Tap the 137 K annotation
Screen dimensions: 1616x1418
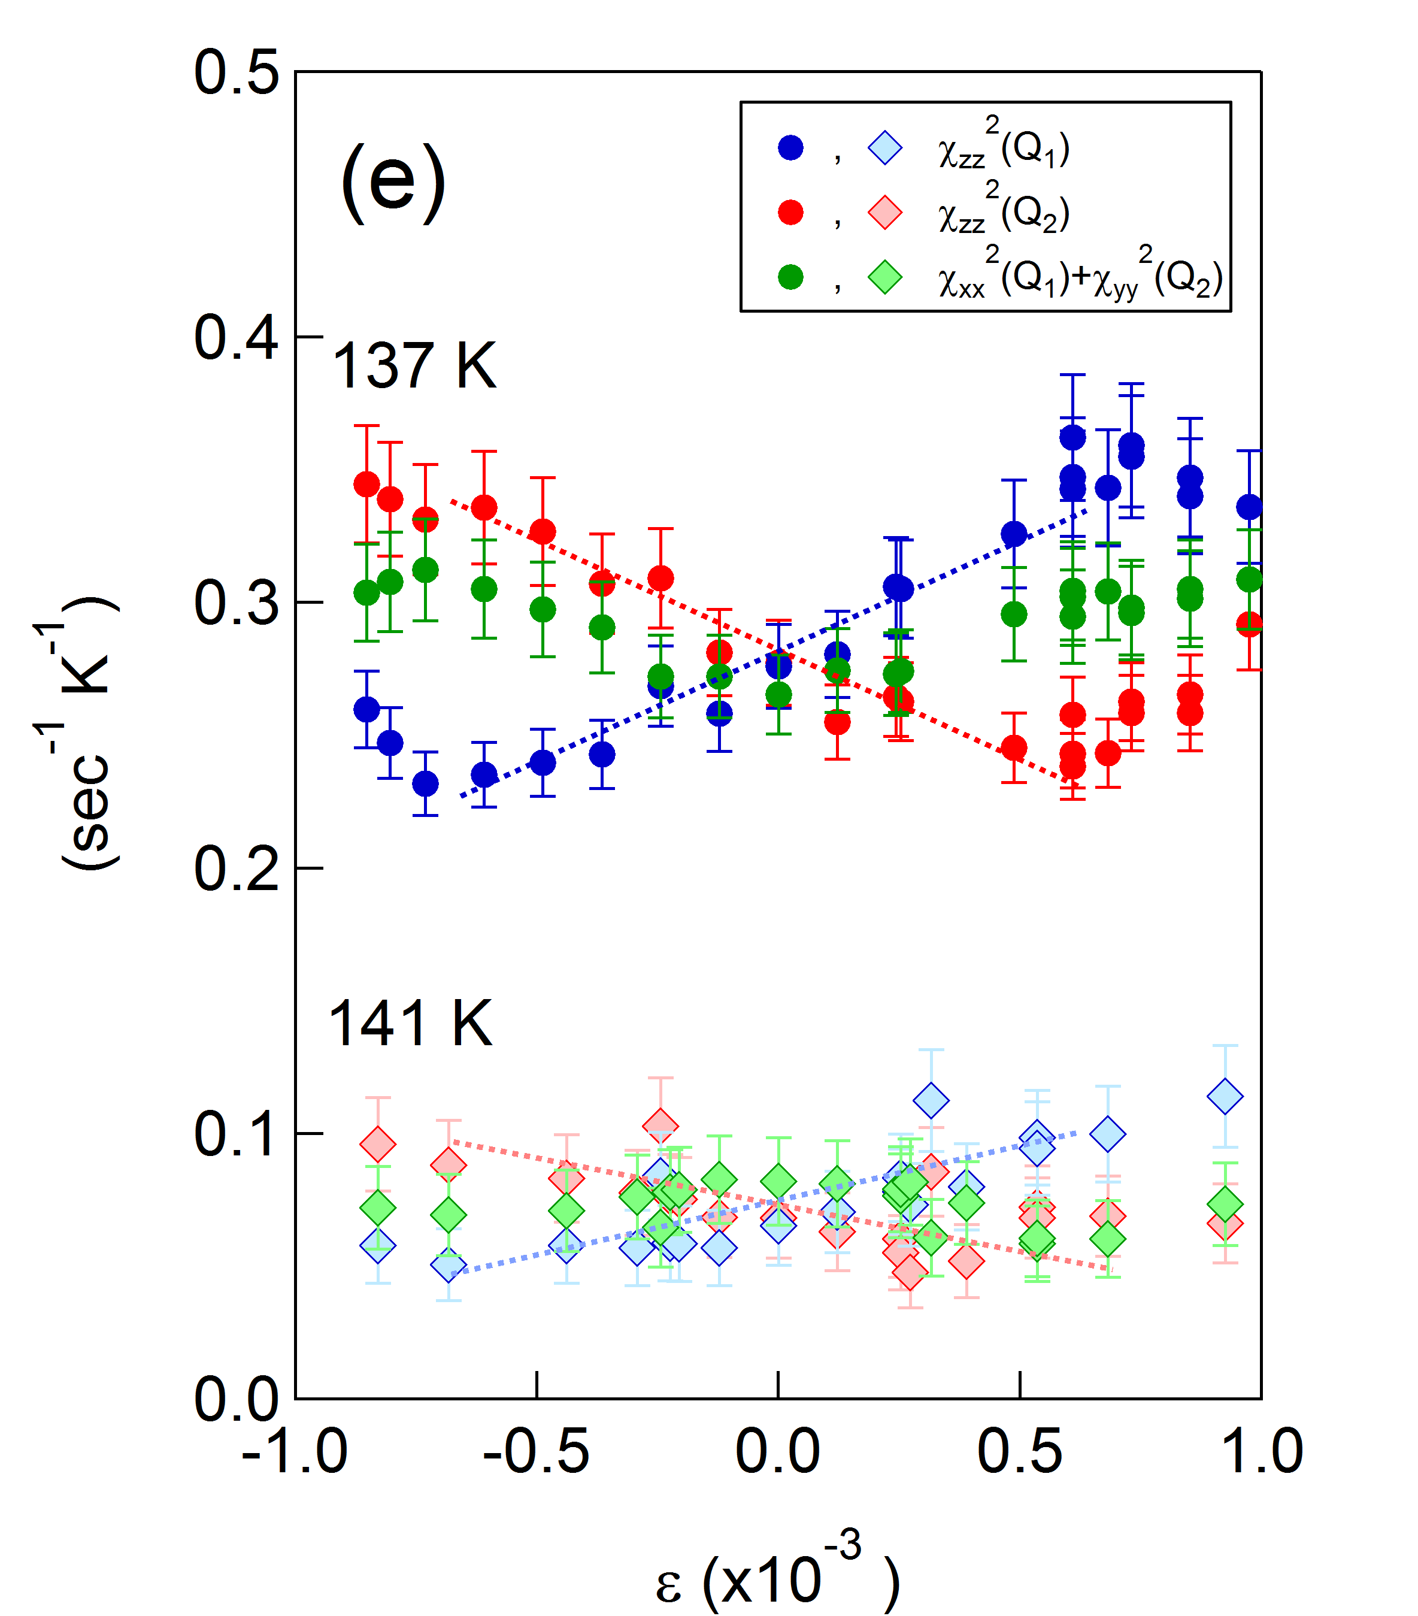pyautogui.click(x=414, y=366)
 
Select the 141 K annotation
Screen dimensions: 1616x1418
pyautogui.click(x=410, y=1024)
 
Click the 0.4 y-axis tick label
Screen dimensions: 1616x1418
pyautogui.click(x=237, y=338)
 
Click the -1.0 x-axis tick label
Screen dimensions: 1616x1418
pyautogui.click(x=294, y=1451)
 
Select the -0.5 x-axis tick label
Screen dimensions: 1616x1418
pyautogui.click(x=536, y=1451)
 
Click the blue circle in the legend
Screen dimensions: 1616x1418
pyautogui.click(x=790, y=148)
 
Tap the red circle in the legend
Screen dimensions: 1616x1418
pyautogui.click(x=790, y=213)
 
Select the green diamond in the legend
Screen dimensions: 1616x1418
pyautogui.click(x=884, y=277)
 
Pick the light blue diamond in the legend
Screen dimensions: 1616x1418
pyautogui.click(x=884, y=148)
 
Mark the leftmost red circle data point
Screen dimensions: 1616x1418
pyautogui.click(x=366, y=484)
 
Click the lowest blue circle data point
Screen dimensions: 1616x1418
pyautogui.click(x=425, y=783)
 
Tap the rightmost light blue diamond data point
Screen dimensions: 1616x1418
pyautogui.click(x=1225, y=1097)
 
